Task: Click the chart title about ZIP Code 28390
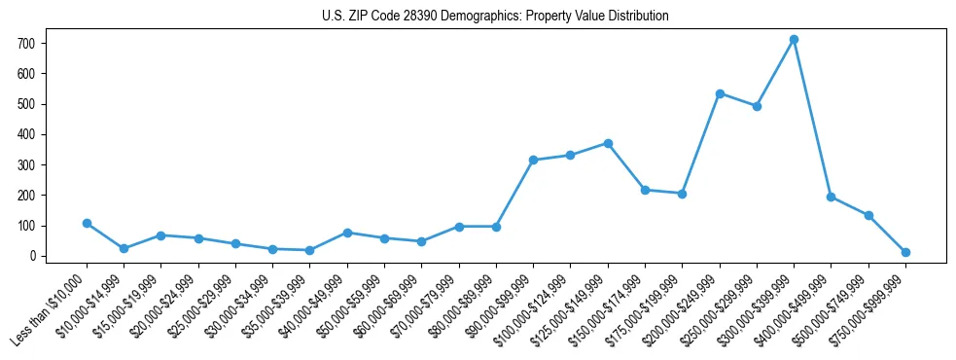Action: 495,16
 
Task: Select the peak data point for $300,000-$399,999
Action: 794,39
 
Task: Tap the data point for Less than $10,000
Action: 87,223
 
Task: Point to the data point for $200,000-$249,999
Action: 720,93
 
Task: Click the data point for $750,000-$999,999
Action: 905,252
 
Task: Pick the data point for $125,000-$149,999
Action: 608,143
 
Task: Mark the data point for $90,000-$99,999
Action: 533,160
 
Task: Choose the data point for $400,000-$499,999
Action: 831,197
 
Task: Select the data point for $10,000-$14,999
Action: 124,248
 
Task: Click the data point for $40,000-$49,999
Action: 347,233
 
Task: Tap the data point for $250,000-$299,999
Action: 757,106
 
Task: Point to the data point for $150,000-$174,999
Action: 645,190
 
